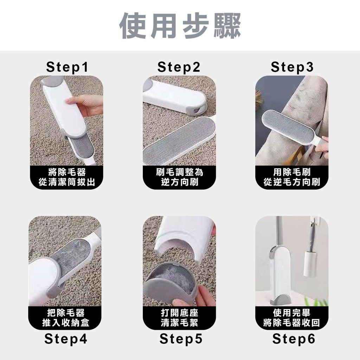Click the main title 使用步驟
click(180, 25)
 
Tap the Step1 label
click(67, 67)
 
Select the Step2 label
click(179, 67)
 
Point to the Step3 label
click(292, 67)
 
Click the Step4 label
click(66, 339)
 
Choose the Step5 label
click(181, 339)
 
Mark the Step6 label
click(294, 339)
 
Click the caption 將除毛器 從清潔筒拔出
click(66, 177)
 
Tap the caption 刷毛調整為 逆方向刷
click(180, 177)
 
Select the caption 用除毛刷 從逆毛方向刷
click(292, 177)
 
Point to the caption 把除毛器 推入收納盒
click(66, 318)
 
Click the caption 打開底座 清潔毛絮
click(180, 318)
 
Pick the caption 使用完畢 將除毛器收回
click(291, 318)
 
